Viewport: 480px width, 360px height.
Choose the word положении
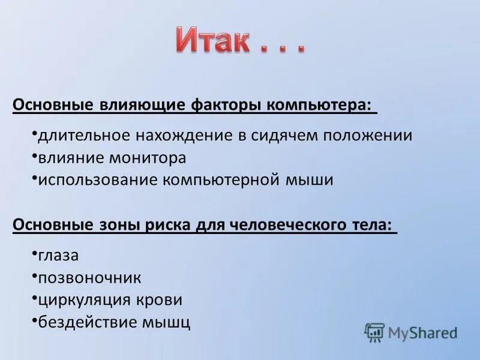click(368, 135)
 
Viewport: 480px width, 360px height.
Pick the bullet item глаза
click(58, 255)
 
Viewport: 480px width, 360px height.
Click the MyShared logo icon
click(374, 332)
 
